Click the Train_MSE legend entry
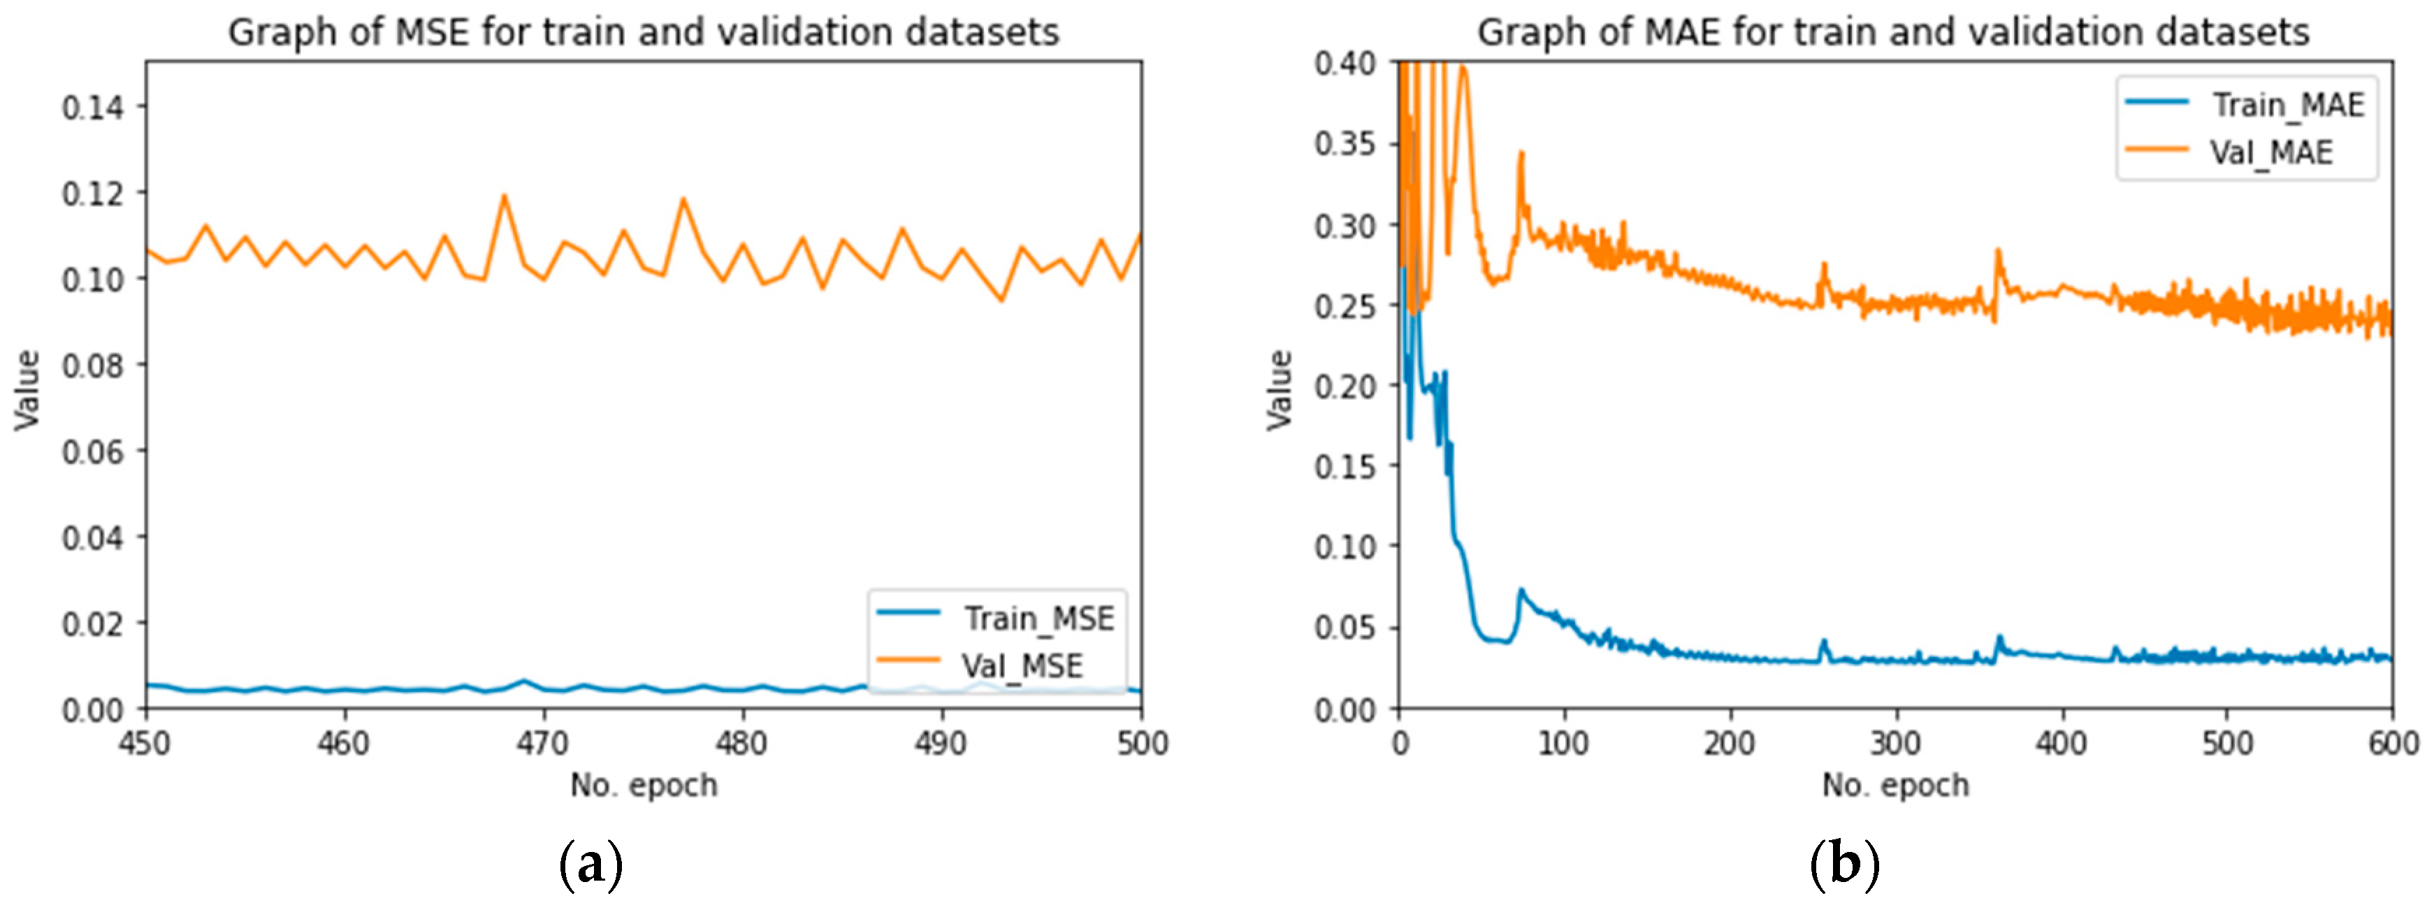[1036, 619]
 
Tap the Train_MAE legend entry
[2287, 105]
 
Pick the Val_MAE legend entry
[2270, 152]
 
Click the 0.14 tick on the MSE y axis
[92, 106]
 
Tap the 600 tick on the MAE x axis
[2391, 743]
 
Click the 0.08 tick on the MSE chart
[92, 365]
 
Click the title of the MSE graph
[644, 32]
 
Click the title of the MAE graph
[1893, 32]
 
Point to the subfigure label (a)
[591, 862]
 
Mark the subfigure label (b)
[1843, 862]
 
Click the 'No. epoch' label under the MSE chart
[644, 784]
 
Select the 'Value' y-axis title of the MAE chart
[1280, 389]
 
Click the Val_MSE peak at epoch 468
[504, 196]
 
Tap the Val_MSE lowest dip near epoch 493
[1001, 301]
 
